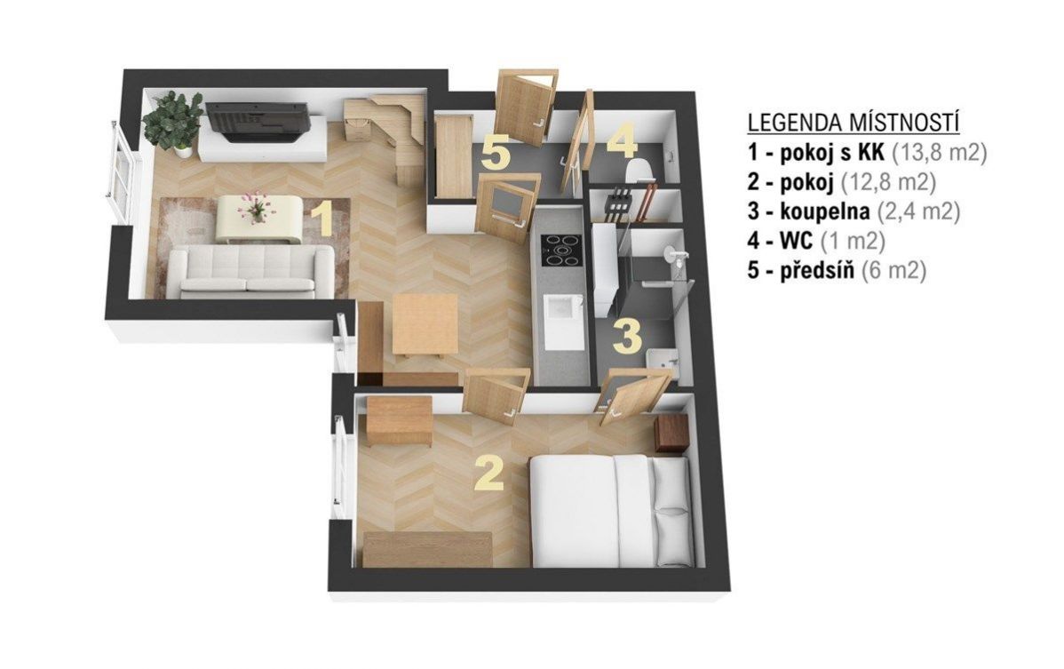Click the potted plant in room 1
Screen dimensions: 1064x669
click(173, 122)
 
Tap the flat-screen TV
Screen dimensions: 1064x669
click(258, 122)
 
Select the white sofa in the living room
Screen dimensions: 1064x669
click(251, 271)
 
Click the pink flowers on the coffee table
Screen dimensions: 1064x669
click(256, 207)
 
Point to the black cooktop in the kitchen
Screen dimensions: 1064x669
click(560, 251)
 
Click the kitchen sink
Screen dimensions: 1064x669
click(563, 322)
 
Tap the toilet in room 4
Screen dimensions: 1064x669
click(638, 171)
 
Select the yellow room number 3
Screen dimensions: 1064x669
click(627, 337)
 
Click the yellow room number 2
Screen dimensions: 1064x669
click(489, 473)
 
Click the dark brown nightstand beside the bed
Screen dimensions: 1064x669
click(671, 434)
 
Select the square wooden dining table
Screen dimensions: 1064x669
click(425, 325)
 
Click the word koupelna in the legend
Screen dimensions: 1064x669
click(824, 211)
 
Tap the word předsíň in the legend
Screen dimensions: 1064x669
click(817, 270)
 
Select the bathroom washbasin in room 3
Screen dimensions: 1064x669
click(661, 358)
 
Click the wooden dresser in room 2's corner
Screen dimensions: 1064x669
click(399, 421)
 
